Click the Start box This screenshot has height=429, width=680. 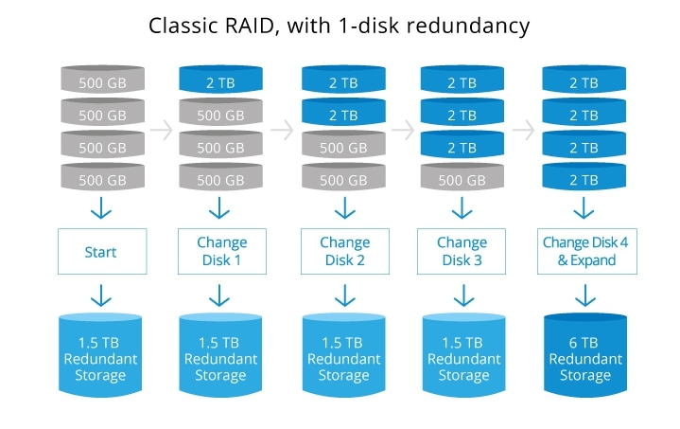[x=102, y=252]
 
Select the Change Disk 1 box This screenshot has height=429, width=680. [x=222, y=252]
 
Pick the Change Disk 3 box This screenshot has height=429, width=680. [x=463, y=252]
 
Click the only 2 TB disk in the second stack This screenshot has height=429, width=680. [x=222, y=83]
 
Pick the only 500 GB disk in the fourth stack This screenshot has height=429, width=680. [x=463, y=179]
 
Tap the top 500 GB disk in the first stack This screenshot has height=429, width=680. [x=102, y=83]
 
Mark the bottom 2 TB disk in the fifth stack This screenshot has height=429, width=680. [x=584, y=179]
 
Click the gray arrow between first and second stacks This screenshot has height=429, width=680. [x=162, y=131]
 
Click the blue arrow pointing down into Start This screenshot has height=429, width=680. [x=102, y=209]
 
